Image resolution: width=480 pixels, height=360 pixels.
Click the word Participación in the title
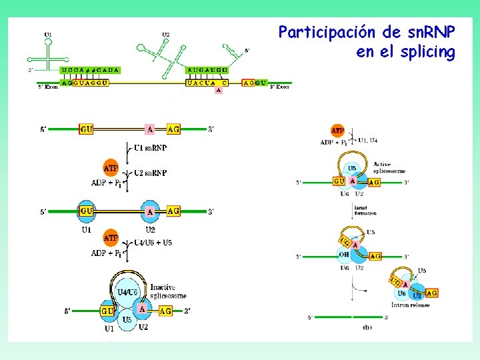319,32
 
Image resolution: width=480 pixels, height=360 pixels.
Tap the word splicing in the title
425,52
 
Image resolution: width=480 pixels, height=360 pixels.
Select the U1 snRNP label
150,147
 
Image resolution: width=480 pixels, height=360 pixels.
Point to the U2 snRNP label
150,173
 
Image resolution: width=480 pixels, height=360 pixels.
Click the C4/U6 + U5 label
153,243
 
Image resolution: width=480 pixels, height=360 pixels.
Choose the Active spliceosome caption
389,167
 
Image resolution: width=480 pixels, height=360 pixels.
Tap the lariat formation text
365,211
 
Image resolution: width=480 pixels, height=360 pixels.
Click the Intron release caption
411,305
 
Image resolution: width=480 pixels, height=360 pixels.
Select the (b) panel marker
367,327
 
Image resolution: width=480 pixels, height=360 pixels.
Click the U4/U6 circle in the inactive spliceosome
127,292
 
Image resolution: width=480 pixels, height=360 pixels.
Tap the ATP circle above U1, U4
338,131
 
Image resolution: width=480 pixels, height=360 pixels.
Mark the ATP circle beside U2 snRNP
111,167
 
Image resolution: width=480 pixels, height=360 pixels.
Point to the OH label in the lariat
345,253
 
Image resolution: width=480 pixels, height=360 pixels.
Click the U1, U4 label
368,141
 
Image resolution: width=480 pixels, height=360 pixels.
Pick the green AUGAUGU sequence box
208,70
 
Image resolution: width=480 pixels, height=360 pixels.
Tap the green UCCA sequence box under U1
91,70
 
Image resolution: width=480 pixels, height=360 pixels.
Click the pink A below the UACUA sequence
218,91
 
